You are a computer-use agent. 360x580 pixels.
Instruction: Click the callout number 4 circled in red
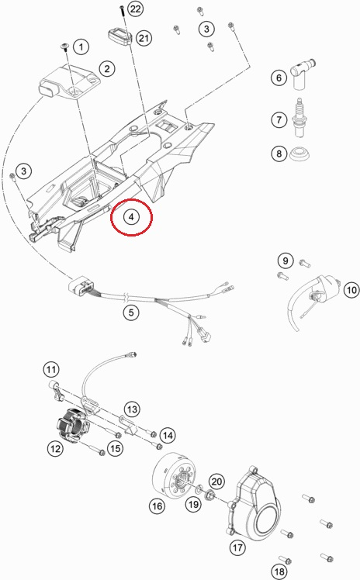pos(131,216)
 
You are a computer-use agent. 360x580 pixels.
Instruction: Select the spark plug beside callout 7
pos(299,118)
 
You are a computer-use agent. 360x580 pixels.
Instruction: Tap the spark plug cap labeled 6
pos(301,74)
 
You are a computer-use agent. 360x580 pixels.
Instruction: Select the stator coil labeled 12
pos(72,426)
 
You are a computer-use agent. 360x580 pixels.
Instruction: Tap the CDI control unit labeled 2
pos(69,82)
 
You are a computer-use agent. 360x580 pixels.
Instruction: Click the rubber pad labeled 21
pos(120,37)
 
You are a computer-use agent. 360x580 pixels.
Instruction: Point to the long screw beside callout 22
pos(122,10)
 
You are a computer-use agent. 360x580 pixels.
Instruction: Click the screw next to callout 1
pos(65,47)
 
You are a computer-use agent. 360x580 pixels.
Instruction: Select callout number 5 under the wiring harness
pos(131,312)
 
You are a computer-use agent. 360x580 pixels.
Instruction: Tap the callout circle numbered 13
pos(132,409)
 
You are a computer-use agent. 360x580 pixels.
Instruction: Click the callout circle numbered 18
pos(279,572)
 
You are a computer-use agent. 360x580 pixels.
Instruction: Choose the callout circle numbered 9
pos(286,261)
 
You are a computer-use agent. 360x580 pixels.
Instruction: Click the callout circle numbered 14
pos(168,435)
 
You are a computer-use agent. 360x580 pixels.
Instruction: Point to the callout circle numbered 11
pos(50,369)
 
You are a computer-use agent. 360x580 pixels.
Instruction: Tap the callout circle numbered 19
pos(193,504)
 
